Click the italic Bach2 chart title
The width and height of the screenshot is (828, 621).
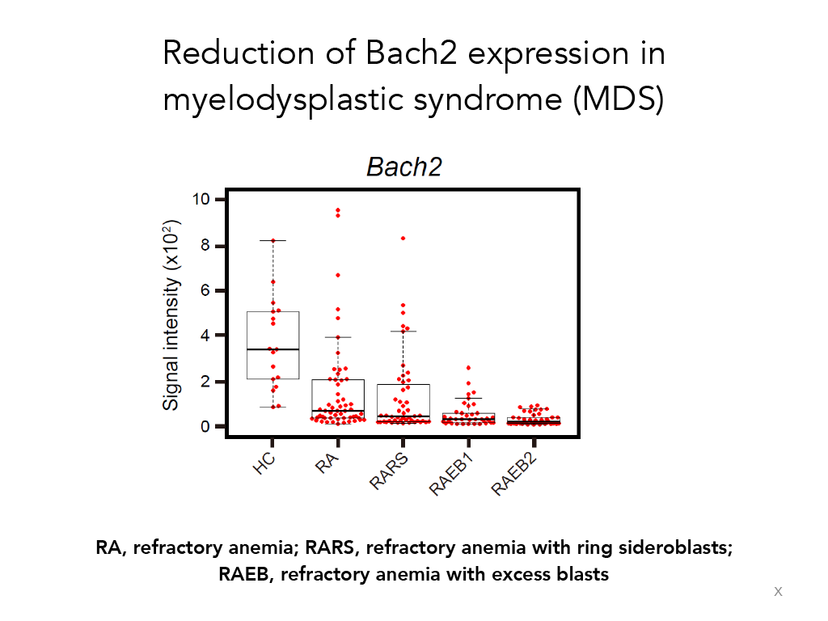[404, 167]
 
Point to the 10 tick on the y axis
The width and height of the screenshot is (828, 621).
[201, 199]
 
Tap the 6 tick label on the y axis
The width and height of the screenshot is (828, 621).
[205, 290]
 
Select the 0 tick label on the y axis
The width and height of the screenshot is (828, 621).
[205, 427]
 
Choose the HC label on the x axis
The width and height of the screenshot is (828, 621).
[264, 463]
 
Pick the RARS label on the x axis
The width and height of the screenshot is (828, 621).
[389, 471]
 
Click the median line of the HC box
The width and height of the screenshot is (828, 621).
[273, 349]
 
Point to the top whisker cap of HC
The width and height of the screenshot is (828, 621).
[273, 240]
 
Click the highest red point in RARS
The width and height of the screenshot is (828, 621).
[403, 239]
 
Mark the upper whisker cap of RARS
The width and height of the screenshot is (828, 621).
[403, 331]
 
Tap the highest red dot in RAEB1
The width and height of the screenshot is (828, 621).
[468, 368]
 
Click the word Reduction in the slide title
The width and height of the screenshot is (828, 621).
[239, 53]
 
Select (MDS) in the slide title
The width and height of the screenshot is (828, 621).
[619, 99]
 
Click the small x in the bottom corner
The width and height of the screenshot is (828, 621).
[778, 591]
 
